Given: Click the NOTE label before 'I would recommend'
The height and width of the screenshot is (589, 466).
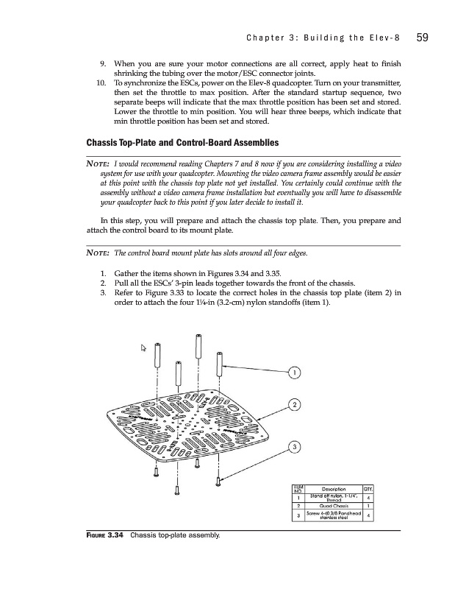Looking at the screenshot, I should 98,162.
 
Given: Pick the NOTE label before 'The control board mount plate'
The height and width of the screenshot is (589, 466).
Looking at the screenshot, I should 98,254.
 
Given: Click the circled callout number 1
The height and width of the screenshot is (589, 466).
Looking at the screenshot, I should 294,372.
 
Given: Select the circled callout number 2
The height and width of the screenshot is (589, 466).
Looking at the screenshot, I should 294,405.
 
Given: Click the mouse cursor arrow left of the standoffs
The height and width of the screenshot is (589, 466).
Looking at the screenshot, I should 146,348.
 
